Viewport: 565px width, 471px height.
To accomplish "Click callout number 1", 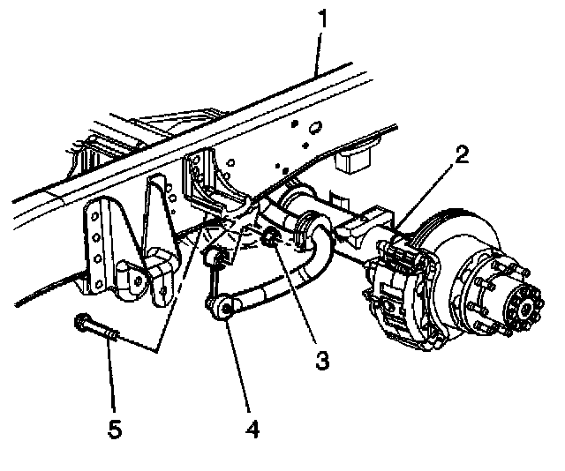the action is [x=323, y=19].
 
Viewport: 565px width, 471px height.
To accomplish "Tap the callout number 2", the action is [x=461, y=155].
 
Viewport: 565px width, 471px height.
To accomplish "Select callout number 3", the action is [x=322, y=361].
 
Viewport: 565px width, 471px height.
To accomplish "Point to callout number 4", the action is [x=252, y=429].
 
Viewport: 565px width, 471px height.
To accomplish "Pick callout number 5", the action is [x=115, y=429].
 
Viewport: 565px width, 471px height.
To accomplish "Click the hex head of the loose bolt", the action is [x=81, y=321].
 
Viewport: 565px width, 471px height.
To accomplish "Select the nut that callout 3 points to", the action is [x=270, y=237].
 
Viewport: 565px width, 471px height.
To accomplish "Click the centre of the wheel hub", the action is [x=527, y=307].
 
